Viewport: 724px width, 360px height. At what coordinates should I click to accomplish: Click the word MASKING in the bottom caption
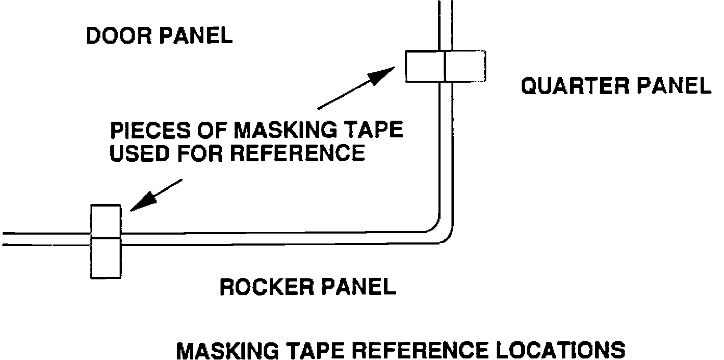[x=235, y=350]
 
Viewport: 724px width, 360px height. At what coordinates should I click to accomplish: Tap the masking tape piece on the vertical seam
[x=445, y=66]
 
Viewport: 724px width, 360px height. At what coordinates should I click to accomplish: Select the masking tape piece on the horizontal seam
[x=106, y=241]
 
